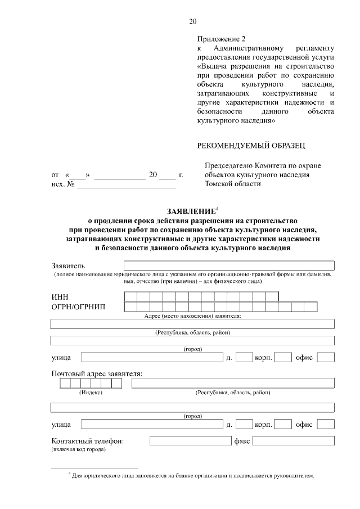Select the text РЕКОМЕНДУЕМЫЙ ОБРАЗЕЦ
click(x=251, y=146)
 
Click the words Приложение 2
click(x=222, y=39)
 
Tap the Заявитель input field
click(x=229, y=265)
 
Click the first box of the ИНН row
click(x=130, y=296)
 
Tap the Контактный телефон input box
click(x=190, y=442)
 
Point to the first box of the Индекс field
click(x=65, y=383)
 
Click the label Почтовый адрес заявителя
click(x=97, y=373)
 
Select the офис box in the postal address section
click(x=326, y=424)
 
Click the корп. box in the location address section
click(x=283, y=357)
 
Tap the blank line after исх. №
click(x=127, y=184)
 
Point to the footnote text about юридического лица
click(x=192, y=476)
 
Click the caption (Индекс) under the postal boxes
click(x=91, y=393)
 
